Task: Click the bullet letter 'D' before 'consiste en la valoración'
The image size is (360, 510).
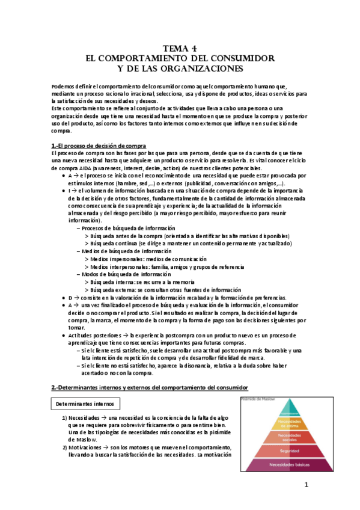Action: click(70, 298)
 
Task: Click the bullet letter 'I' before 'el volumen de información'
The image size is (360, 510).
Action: click(69, 190)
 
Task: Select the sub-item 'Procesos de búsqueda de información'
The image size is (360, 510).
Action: click(128, 229)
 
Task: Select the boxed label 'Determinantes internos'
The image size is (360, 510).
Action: click(86, 403)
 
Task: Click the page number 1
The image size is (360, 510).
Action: click(305, 485)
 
